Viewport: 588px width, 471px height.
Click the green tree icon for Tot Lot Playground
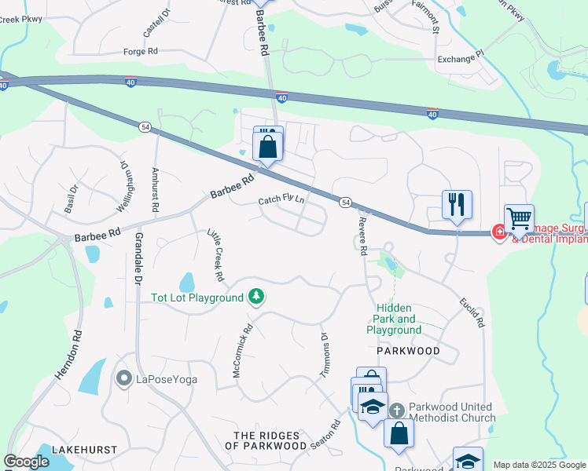[255, 297]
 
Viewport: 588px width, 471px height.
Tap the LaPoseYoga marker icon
[123, 379]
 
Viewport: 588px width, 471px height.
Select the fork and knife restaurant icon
[457, 204]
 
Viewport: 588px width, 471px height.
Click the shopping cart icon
[519, 219]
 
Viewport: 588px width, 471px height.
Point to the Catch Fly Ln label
[281, 201]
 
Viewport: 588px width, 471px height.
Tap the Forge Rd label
[141, 51]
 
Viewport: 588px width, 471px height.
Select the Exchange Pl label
[461, 59]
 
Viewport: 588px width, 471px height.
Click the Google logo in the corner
[27, 462]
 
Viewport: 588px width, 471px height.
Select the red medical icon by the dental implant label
[498, 232]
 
